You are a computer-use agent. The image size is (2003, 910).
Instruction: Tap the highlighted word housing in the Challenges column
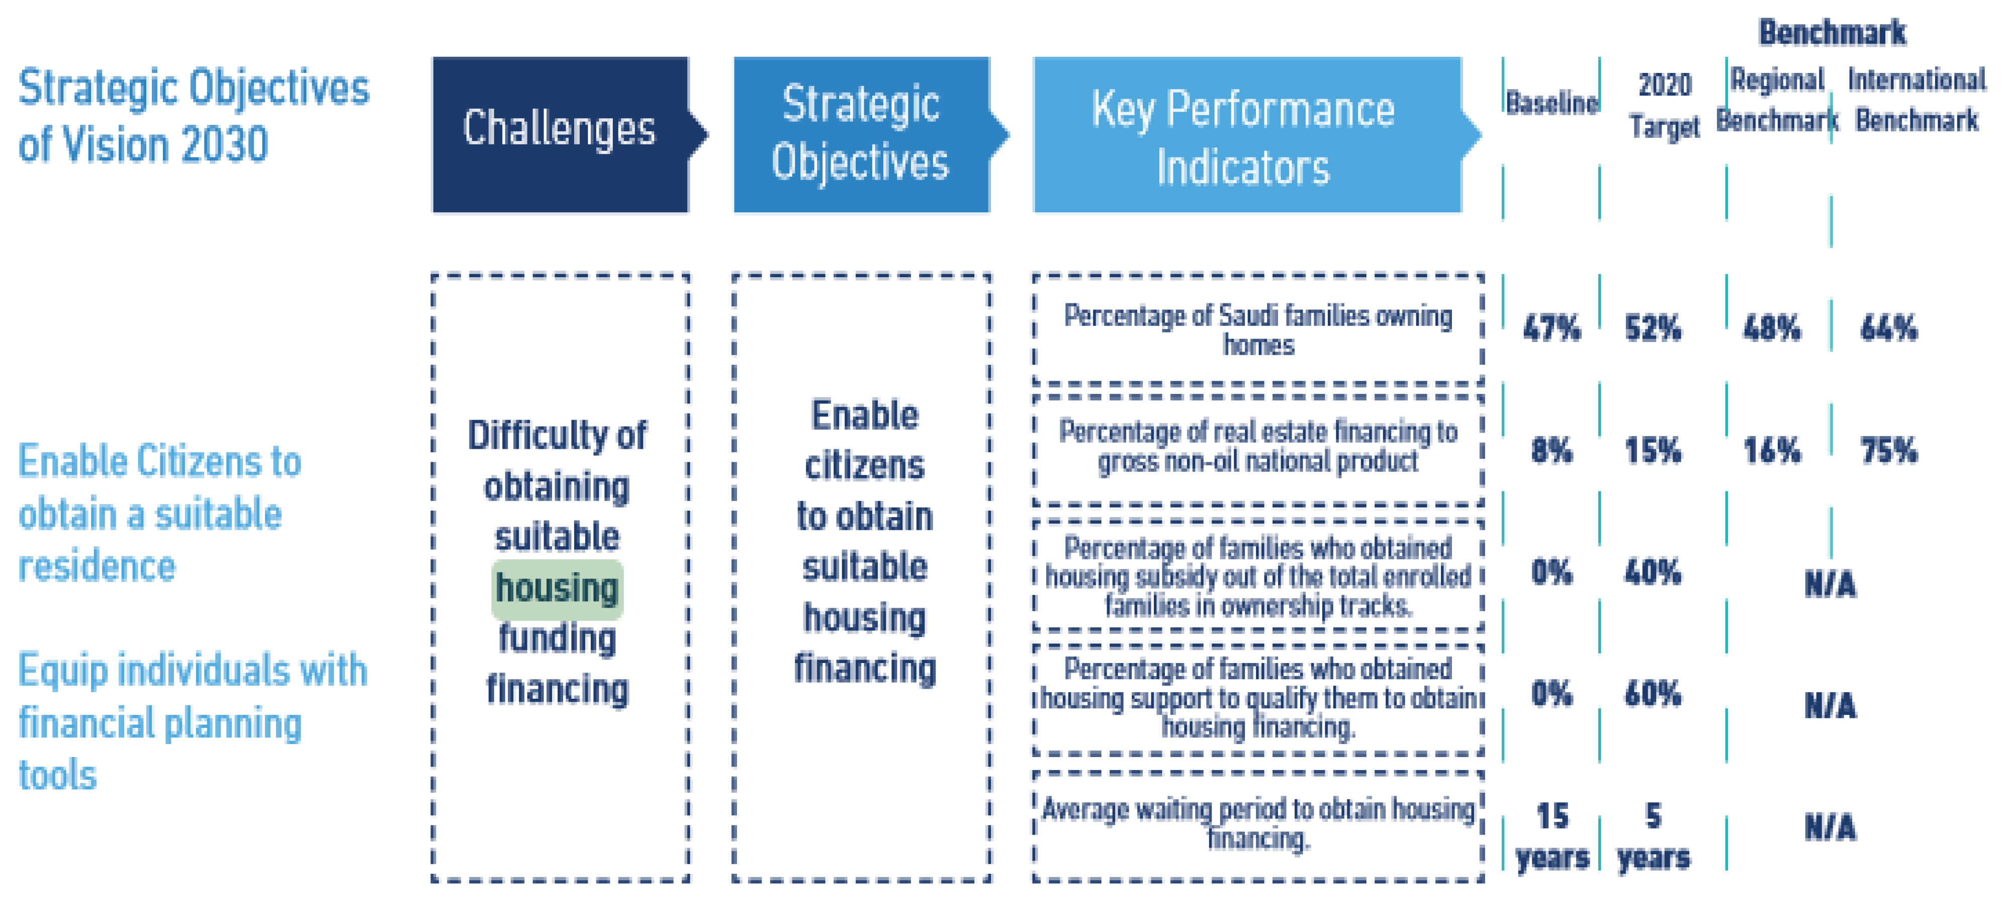[557, 588]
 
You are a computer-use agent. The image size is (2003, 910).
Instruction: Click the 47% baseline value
[1551, 328]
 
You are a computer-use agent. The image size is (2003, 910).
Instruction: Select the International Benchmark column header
[1917, 100]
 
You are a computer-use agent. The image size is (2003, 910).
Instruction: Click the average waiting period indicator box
[1258, 826]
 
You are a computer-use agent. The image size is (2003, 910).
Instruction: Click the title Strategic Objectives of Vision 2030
[194, 115]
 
